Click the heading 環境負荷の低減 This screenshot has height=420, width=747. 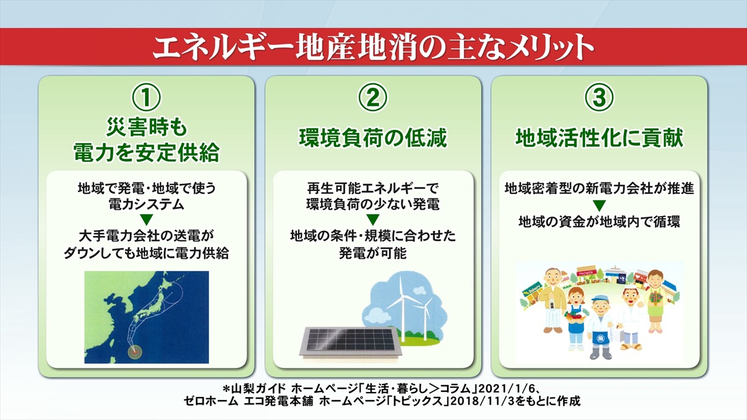coord(374,138)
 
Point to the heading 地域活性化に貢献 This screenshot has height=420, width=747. coord(599,138)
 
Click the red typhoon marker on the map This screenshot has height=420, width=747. coord(133,351)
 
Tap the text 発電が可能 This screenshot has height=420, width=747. coord(374,253)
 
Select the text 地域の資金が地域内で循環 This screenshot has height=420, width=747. coord(599,222)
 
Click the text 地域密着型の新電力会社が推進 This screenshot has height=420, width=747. coord(599,187)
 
